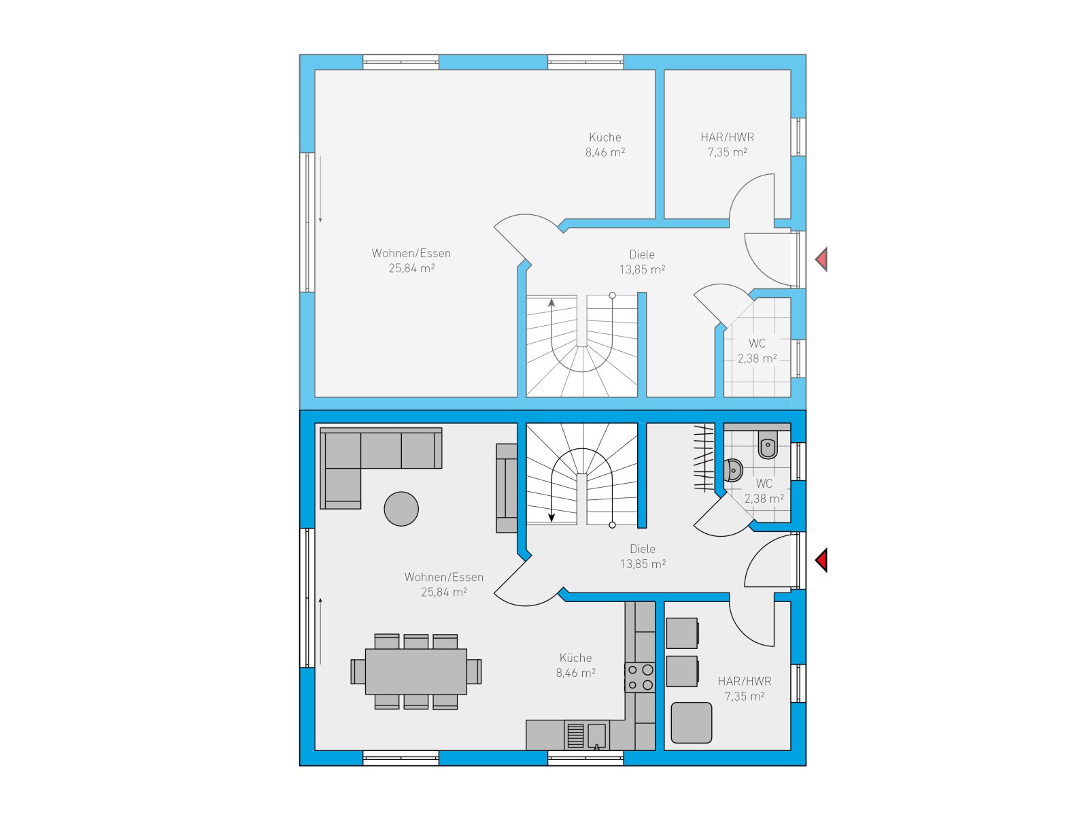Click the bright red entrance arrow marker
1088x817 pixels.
pos(821,561)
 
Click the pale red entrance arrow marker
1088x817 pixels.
pos(821,259)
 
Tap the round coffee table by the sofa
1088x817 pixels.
pos(401,509)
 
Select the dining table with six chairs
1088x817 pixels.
pos(416,671)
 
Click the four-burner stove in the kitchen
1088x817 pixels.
pos(639,677)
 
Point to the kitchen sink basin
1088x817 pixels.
pos(597,735)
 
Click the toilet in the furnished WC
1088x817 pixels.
pos(767,444)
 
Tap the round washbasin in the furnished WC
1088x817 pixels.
pos(732,470)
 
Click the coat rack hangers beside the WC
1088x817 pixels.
pos(704,458)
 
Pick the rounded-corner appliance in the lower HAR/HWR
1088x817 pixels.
pos(691,722)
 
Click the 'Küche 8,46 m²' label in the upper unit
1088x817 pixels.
pos(605,145)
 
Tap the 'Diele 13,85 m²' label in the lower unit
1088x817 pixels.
pos(643,556)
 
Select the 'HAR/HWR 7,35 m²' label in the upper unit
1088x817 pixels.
pos(727,145)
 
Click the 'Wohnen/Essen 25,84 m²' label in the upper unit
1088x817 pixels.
pos(411,261)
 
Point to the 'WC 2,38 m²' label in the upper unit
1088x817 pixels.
pos(757,350)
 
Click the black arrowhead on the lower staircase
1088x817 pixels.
pos(551,518)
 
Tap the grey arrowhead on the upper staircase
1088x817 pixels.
pos(551,303)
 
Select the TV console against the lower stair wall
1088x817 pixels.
pos(507,488)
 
